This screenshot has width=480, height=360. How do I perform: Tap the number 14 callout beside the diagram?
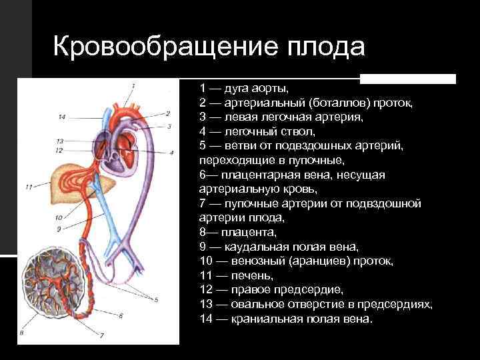tap(61, 118)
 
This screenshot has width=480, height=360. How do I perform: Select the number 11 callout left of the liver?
tap(28, 187)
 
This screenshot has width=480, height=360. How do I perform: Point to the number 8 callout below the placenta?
tap(22, 332)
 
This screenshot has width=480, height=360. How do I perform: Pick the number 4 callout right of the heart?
tap(171, 153)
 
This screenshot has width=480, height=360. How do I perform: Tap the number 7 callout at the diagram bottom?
tap(102, 336)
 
